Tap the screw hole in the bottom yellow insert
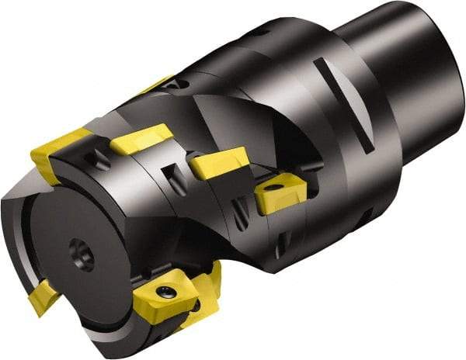click(165, 292)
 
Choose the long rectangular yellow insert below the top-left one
click(140, 139)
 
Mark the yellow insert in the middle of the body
click(219, 164)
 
